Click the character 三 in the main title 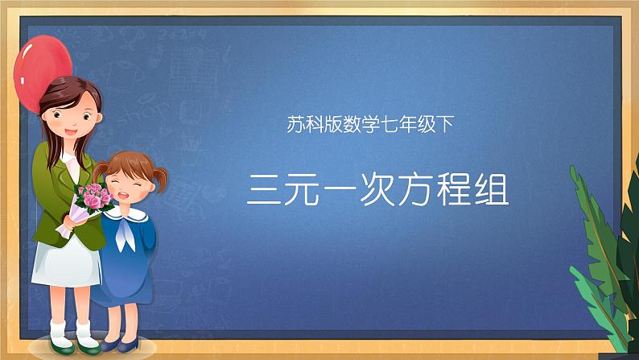(x=264, y=190)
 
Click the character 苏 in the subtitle (x=295, y=124)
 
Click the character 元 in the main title (x=302, y=190)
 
